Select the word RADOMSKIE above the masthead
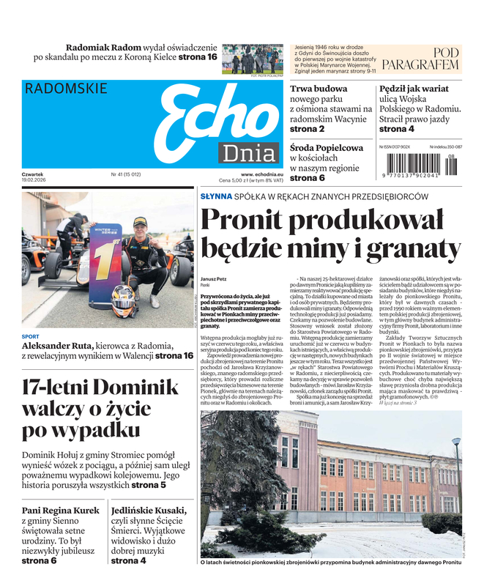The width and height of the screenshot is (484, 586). (66, 89)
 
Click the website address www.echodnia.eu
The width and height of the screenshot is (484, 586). (256, 174)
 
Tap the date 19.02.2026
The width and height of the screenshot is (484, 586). (36, 181)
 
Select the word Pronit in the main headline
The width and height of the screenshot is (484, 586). (249, 220)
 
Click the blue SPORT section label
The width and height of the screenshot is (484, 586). (31, 337)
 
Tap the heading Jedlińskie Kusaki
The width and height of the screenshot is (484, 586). (149, 510)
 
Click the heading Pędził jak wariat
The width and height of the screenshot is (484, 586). (414, 89)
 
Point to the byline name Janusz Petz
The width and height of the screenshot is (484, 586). (214, 278)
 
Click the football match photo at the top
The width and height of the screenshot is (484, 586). (253, 58)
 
